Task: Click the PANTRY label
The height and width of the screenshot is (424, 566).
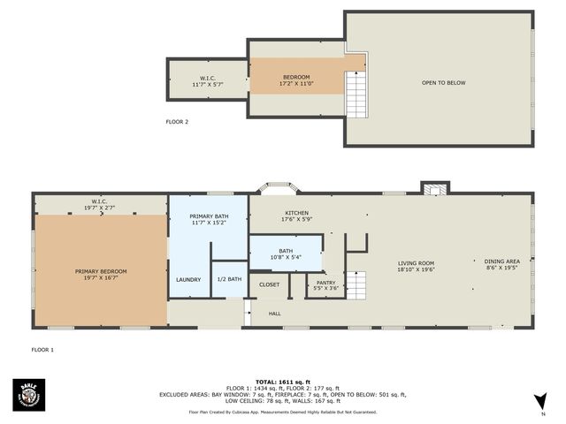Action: [325, 285]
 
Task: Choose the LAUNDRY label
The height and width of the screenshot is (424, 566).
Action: [188, 280]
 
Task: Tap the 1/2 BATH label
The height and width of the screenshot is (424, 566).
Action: [229, 280]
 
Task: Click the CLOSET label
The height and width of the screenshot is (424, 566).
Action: [269, 285]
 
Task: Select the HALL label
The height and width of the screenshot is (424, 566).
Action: [275, 313]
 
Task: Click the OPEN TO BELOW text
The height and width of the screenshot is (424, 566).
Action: [443, 83]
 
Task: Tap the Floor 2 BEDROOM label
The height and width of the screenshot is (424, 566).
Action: [295, 79]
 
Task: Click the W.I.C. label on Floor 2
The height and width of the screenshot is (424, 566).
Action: [207, 80]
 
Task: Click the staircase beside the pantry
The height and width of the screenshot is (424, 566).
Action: [355, 284]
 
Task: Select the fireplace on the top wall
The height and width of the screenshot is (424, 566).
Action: [434, 188]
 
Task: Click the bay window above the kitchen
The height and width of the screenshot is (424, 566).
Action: [279, 188]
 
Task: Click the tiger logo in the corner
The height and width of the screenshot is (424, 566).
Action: [28, 394]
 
